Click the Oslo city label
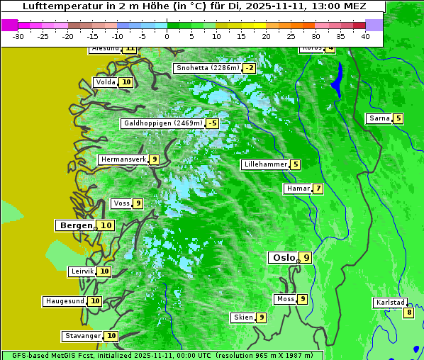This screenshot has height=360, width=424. pyautogui.click(x=284, y=257)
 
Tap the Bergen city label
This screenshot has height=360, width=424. pyautogui.click(x=75, y=225)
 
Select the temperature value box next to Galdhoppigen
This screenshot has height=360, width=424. pyautogui.click(x=212, y=123)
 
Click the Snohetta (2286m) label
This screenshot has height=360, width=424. pyautogui.click(x=208, y=68)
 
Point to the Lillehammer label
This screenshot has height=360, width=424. pyautogui.click(x=265, y=164)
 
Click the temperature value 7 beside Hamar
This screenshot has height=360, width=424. pyautogui.click(x=318, y=189)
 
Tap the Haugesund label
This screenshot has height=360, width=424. pyautogui.click(x=65, y=301)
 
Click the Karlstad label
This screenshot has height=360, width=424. pyautogui.click(x=391, y=303)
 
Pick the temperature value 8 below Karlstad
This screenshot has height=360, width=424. pyautogui.click(x=408, y=313)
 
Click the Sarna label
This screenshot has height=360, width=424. pyautogui.click(x=379, y=118)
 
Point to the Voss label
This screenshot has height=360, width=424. pyautogui.click(x=121, y=203)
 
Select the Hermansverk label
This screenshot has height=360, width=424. pyautogui.click(x=123, y=159)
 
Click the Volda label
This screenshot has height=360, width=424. pyautogui.click(x=106, y=82)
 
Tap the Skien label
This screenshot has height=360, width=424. pyautogui.click(x=243, y=317)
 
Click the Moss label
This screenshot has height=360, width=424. pyautogui.click(x=285, y=299)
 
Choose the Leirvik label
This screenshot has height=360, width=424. pyautogui.click(x=82, y=271)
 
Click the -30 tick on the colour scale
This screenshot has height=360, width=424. pyautogui.click(x=18, y=36)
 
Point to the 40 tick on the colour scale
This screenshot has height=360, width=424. pyautogui.click(x=365, y=36)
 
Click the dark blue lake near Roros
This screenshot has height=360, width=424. pyautogui.click(x=337, y=79)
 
